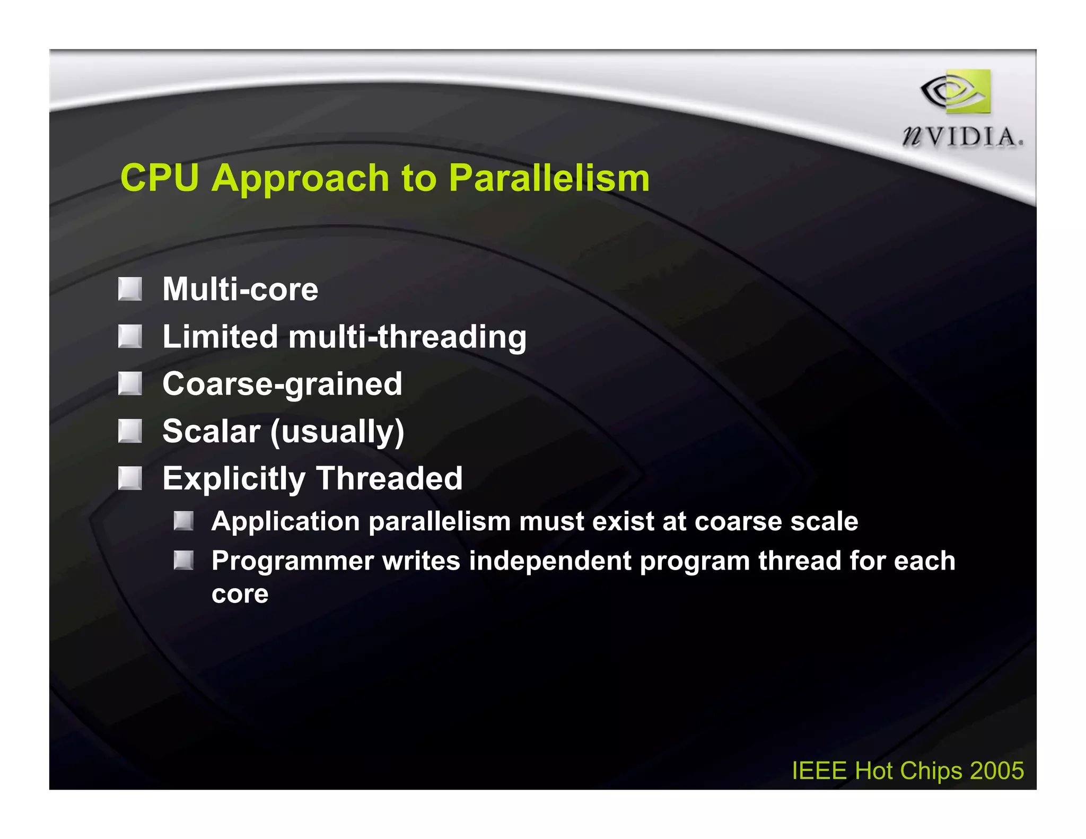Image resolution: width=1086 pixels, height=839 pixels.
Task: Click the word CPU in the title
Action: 159,178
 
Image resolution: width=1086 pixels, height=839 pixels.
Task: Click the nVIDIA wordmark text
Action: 963,137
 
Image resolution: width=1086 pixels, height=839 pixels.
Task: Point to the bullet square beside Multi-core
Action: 130,289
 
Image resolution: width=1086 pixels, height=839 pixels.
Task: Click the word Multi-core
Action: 240,290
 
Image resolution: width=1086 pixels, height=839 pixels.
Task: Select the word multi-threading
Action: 407,337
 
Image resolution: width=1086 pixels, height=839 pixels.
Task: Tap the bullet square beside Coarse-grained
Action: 130,383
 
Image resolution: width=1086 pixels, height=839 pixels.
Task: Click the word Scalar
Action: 211,431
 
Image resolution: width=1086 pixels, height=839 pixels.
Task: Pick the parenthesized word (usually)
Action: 337,432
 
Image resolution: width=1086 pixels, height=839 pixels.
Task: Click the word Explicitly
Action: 234,479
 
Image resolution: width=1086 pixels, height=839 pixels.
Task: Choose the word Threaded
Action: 390,478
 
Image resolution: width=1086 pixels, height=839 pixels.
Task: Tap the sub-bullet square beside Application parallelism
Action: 183,521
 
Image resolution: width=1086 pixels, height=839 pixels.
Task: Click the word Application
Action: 286,522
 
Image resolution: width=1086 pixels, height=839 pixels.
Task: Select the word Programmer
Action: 292,562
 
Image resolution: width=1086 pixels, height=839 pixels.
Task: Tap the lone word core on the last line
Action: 240,594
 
